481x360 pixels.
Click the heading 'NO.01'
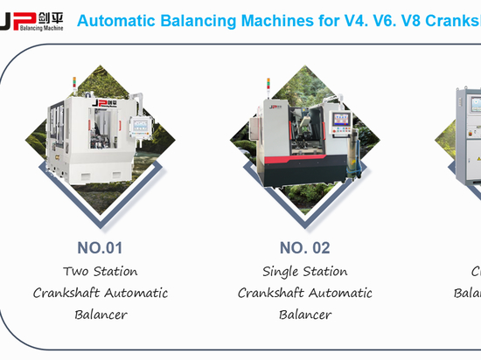(101, 247)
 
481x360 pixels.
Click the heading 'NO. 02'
(305, 247)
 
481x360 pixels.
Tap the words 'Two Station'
(101, 271)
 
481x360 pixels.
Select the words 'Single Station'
(305, 271)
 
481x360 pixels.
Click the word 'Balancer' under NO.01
(101, 315)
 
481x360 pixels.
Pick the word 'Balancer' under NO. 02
(305, 315)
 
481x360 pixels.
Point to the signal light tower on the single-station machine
(263, 86)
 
